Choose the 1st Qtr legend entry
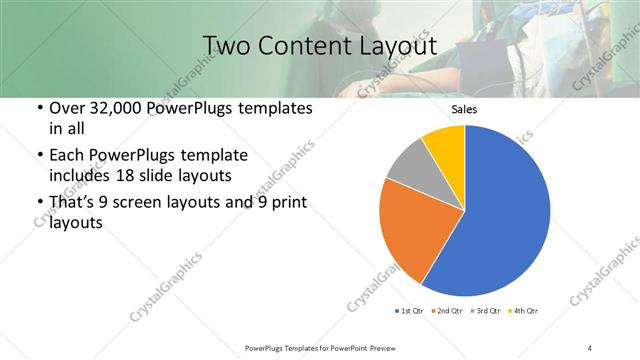411,311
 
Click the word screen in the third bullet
149,203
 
